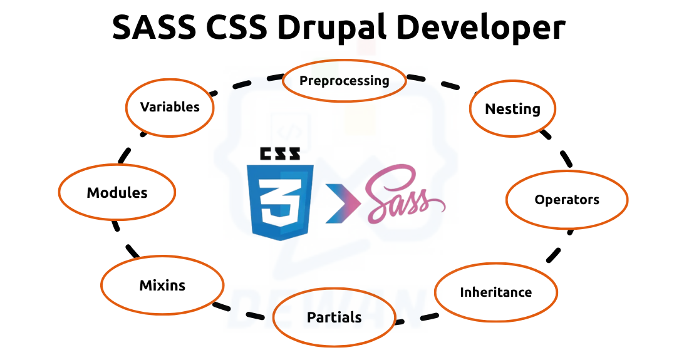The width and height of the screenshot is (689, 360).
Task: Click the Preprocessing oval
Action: [344, 80]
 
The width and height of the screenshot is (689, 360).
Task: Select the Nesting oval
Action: [512, 108]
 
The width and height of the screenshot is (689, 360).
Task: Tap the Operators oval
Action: [566, 200]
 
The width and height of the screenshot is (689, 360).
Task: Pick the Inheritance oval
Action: [495, 292]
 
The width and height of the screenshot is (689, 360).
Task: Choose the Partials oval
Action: [334, 317]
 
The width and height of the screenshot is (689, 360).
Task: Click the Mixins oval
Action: [162, 285]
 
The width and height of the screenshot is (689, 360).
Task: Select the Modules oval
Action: [117, 192]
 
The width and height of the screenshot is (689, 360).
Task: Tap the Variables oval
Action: [170, 106]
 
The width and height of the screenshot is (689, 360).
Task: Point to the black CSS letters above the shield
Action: [279, 154]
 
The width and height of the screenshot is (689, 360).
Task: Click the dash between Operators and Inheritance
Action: [553, 254]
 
